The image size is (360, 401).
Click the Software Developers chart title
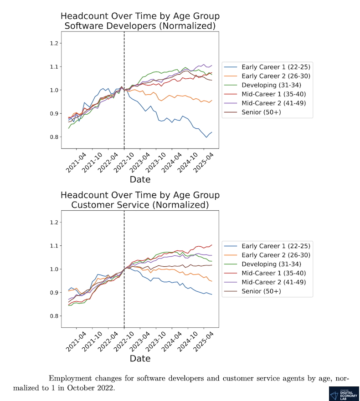point(140,21)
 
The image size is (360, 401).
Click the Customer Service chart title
point(140,200)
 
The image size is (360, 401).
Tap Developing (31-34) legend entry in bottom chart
point(265,264)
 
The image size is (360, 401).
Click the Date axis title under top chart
point(140,179)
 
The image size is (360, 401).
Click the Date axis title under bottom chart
point(140,359)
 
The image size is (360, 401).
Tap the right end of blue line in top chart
point(212,132)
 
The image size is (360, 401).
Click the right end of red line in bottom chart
point(212,245)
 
